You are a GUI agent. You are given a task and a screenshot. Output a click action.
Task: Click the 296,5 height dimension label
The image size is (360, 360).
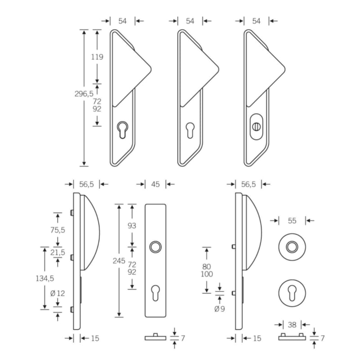pyautogui.click(x=84, y=94)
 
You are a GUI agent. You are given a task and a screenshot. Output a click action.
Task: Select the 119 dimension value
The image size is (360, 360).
pyautogui.click(x=97, y=57)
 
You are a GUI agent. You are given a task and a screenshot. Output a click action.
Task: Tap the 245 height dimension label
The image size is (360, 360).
pyautogui.click(x=119, y=261)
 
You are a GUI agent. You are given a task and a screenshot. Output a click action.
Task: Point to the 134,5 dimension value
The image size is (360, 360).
pyautogui.click(x=45, y=279)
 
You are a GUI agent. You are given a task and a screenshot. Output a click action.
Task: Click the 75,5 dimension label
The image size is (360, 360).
pyautogui.click(x=58, y=230)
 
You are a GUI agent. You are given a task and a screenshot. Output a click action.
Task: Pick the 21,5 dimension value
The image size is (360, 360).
pyautogui.click(x=58, y=252)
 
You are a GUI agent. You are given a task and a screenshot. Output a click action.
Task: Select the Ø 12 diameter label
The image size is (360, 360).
pyautogui.click(x=58, y=293)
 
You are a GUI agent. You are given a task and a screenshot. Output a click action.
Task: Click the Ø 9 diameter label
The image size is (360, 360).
pyautogui.click(x=219, y=309)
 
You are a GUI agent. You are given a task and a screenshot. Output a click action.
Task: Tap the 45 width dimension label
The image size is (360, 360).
pyautogui.click(x=156, y=184)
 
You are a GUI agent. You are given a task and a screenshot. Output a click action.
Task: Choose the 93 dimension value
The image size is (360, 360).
pyautogui.click(x=132, y=226)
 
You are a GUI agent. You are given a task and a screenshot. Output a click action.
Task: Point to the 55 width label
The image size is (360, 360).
pyautogui.click(x=292, y=220)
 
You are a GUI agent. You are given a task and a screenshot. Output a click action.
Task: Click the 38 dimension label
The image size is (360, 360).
pyautogui.click(x=292, y=325)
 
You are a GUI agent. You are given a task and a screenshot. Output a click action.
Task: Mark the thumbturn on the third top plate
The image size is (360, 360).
pyautogui.click(x=256, y=126)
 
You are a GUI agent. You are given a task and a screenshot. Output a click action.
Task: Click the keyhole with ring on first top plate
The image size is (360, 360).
pyautogui.click(x=123, y=130)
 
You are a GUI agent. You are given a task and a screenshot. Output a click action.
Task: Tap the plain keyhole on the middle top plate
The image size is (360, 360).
pyautogui.click(x=190, y=130)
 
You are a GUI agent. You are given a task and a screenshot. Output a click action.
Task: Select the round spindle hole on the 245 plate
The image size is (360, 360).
pyautogui.click(x=156, y=247)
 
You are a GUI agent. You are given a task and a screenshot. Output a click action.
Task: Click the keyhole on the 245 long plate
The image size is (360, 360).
pyautogui.click(x=156, y=293)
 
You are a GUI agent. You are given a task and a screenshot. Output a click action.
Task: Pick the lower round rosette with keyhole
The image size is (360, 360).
pyautogui.click(x=292, y=293)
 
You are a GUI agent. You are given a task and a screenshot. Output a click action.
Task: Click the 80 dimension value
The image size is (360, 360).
pyautogui.click(x=207, y=267)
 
